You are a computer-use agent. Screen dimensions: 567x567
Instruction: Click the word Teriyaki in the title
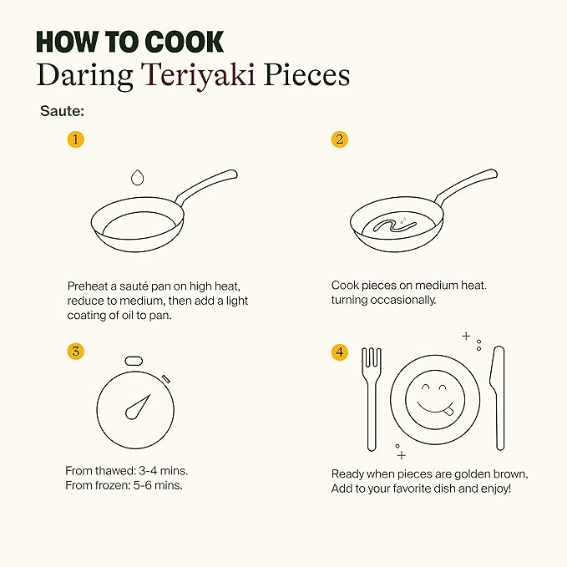(x=198, y=75)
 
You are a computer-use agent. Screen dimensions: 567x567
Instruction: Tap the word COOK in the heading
(x=185, y=43)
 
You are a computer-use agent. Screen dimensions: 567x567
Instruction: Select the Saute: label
(x=62, y=111)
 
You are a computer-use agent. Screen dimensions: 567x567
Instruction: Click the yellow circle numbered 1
(x=76, y=139)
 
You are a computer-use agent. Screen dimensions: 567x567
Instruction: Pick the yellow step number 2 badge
(x=340, y=139)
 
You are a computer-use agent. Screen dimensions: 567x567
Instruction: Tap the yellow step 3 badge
(x=76, y=351)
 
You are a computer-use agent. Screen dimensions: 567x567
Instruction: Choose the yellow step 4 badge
(x=340, y=352)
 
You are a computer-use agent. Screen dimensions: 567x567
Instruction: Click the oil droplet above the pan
(x=137, y=178)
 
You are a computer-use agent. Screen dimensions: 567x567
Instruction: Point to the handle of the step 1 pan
(x=207, y=186)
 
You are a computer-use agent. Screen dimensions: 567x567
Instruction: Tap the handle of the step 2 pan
(x=467, y=185)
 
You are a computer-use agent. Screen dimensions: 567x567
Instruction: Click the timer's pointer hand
(x=138, y=408)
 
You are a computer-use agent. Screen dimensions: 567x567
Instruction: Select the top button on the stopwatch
(x=134, y=361)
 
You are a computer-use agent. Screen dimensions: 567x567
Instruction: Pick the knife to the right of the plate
(x=498, y=398)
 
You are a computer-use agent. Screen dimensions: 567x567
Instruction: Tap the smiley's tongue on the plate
(x=448, y=411)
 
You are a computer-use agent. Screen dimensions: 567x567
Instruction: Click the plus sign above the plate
(x=466, y=336)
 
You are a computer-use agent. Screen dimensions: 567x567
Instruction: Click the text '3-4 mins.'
(x=164, y=471)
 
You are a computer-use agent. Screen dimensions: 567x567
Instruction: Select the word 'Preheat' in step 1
(x=88, y=286)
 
